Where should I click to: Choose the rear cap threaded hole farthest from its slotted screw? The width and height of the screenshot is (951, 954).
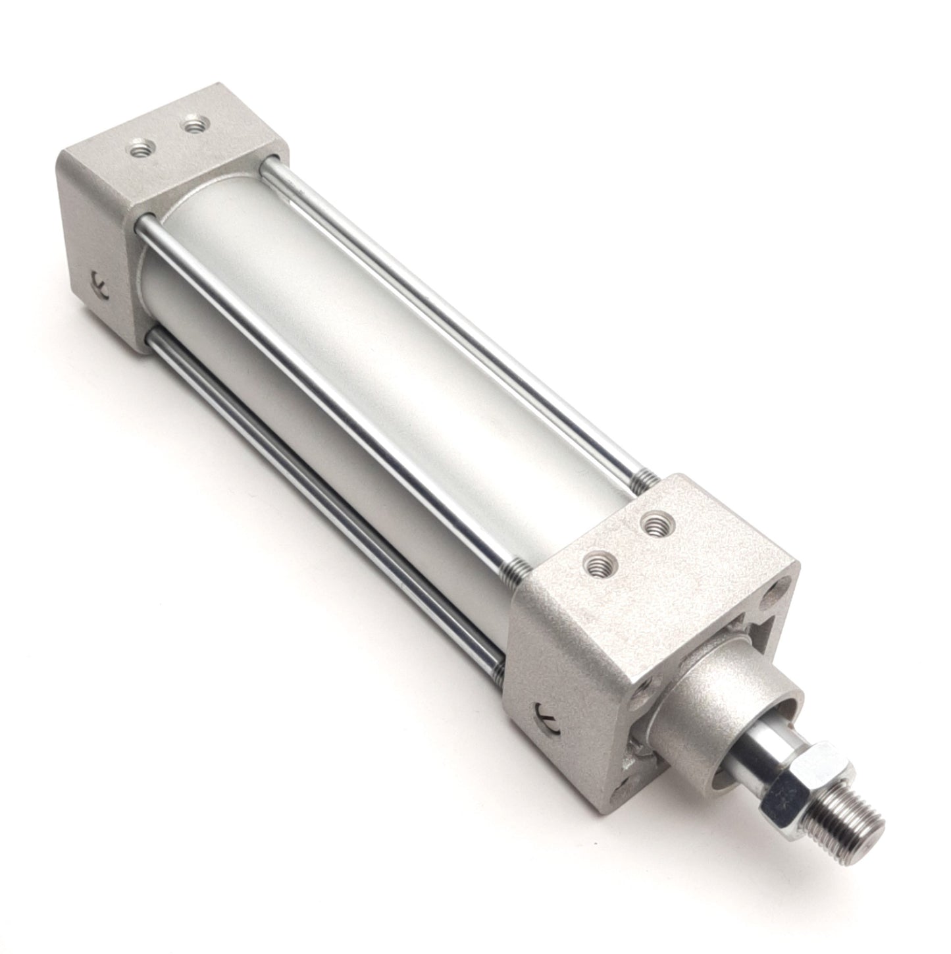tap(193, 122)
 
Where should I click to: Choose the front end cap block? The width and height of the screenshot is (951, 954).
tap(592, 625)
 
